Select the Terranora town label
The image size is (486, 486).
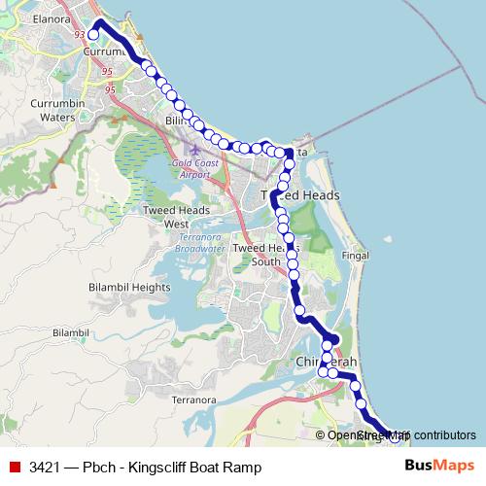point(192,399)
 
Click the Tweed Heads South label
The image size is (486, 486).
point(263,255)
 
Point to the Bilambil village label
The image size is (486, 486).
point(71,332)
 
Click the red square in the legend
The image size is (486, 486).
point(14,468)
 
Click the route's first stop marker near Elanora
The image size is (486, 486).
point(93,35)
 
